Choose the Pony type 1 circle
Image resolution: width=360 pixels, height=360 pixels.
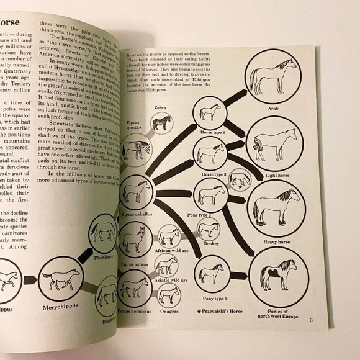[x=210, y=271]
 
